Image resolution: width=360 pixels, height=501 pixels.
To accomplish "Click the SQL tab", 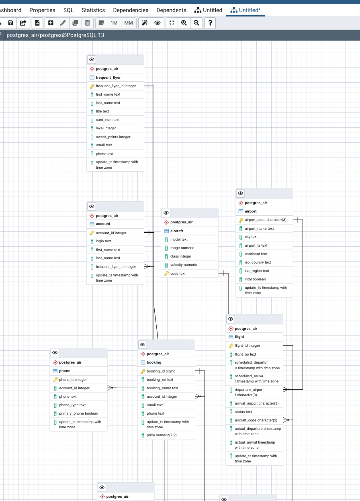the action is (68, 10).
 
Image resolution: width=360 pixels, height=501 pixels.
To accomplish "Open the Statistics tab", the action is (93, 10).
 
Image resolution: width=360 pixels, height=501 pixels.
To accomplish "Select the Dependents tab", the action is (171, 10).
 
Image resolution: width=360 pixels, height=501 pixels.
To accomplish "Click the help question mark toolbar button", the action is (210, 23).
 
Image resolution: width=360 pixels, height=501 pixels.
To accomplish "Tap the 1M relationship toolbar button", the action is (114, 23).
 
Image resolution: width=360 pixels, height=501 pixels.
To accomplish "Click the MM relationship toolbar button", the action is (129, 23).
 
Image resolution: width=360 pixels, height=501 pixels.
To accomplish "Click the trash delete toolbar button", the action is (87, 23).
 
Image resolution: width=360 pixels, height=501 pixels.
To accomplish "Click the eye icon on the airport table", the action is (241, 193).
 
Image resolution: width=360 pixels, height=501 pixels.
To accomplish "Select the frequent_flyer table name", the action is (108, 78).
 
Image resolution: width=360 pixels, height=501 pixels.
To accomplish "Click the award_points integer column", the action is (113, 137).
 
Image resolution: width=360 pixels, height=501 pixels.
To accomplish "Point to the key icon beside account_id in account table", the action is (92, 233).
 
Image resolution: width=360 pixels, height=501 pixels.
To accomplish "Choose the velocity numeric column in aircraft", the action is (184, 265).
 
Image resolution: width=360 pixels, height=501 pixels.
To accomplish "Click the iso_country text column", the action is (258, 262).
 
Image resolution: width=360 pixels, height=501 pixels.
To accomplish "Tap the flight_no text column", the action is (245, 354).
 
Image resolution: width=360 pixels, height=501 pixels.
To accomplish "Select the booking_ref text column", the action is (160, 380).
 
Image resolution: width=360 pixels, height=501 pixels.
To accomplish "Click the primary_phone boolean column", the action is (78, 413).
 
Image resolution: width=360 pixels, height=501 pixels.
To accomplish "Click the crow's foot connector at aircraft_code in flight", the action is (286, 420).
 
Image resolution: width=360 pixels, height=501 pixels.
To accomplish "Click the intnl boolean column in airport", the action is (255, 279).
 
